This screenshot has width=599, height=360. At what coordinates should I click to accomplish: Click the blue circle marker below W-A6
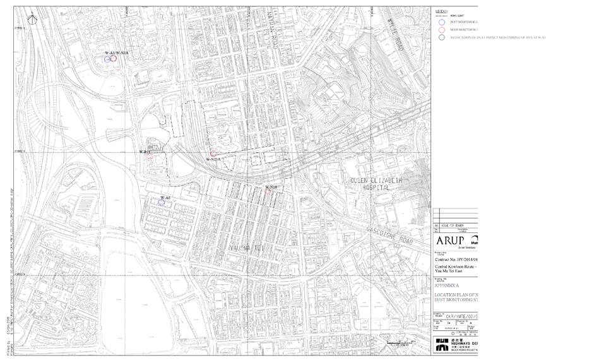(162, 203)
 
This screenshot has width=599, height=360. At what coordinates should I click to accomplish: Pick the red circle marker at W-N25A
(213, 153)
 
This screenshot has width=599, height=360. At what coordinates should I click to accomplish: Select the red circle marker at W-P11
(149, 157)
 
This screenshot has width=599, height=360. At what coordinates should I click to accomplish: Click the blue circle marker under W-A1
(108, 59)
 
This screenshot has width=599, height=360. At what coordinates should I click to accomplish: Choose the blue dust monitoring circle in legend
(442, 21)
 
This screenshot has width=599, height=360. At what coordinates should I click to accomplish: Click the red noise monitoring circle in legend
(442, 30)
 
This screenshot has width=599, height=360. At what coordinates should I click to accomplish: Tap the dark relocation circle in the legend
(442, 37)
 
